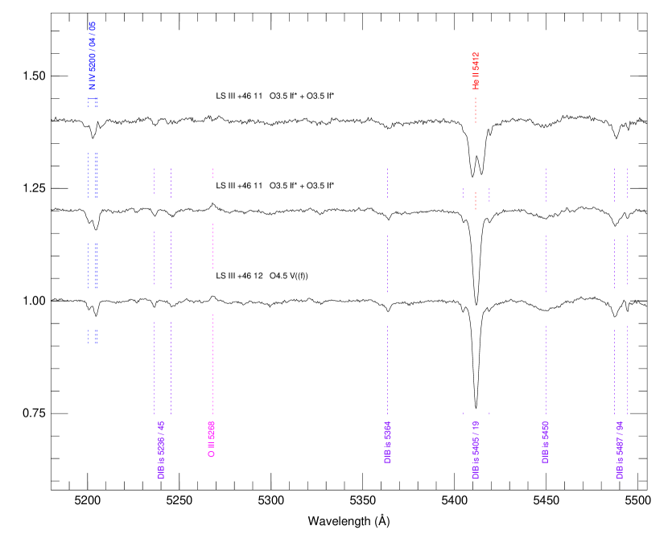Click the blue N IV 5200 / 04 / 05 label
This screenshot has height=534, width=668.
coord(93,55)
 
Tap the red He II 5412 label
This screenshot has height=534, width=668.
coord(476,71)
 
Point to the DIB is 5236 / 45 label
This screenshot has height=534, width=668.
coord(161,450)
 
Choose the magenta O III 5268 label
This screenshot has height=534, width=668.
coord(212,439)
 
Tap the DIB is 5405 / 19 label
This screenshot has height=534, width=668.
coord(476,450)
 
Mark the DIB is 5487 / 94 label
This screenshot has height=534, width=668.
coord(620,450)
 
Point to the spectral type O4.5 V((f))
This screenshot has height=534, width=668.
coord(289,276)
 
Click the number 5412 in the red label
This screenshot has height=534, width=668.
coord(476,60)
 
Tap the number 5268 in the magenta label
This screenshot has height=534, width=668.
coord(212,429)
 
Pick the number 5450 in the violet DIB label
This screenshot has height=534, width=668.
coord(546,429)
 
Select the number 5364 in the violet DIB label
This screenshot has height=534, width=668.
coord(388,429)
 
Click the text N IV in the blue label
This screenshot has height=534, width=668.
coord(93,81)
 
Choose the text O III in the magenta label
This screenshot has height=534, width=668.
coord(212,450)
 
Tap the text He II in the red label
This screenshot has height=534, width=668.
coord(476,81)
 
